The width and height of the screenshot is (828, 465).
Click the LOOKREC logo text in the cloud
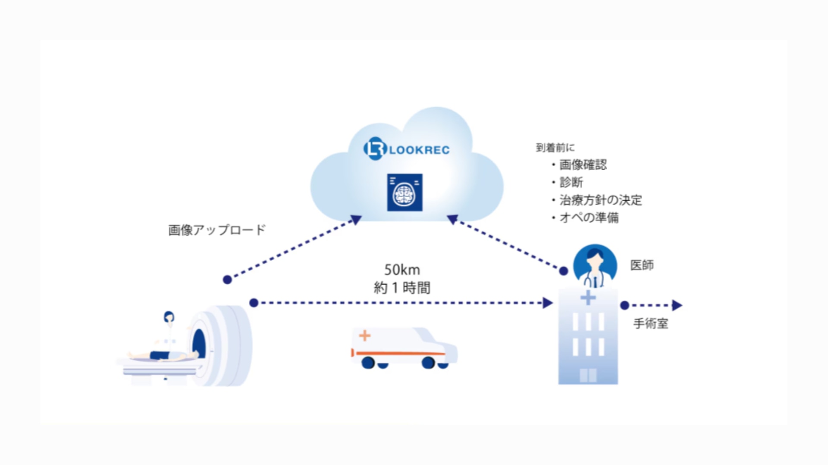418,150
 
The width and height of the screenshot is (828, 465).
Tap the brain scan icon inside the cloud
405,192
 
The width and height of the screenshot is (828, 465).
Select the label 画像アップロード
217,230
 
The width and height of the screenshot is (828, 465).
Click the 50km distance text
402,270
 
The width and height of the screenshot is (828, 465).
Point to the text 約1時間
402,288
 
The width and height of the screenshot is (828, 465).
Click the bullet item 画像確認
583,164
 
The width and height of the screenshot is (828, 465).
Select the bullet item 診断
571,182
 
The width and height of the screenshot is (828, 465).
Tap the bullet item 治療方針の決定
600,200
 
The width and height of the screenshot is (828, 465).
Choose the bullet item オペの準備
589,217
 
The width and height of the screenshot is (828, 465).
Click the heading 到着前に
555,148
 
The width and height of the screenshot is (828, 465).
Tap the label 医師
642,265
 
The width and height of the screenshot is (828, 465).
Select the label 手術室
650,324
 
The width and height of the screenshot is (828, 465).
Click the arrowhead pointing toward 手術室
677,305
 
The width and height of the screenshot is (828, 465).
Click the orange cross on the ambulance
365,335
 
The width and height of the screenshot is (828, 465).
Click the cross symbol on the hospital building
588,298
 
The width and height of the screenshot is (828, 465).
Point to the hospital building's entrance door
588,375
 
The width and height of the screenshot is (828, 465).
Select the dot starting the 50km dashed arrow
254,303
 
